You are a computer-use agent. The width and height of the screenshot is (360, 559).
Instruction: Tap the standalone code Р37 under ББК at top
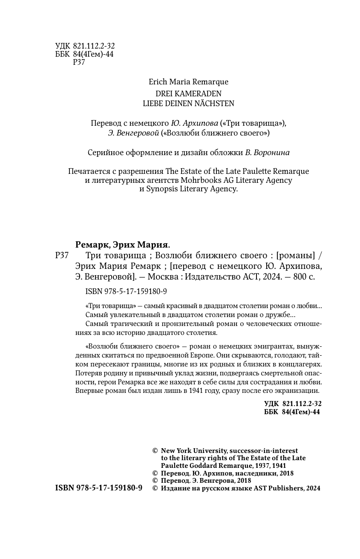click(79, 62)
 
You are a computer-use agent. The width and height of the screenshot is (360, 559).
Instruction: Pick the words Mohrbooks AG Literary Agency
click(245, 180)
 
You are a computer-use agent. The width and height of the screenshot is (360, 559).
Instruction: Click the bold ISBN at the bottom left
click(99, 488)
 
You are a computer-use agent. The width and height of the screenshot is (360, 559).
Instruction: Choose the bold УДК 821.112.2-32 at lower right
click(292, 403)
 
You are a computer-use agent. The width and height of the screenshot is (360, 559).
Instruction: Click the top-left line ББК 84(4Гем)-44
click(84, 54)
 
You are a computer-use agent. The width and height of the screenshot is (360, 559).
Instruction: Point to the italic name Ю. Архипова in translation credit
click(195, 124)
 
